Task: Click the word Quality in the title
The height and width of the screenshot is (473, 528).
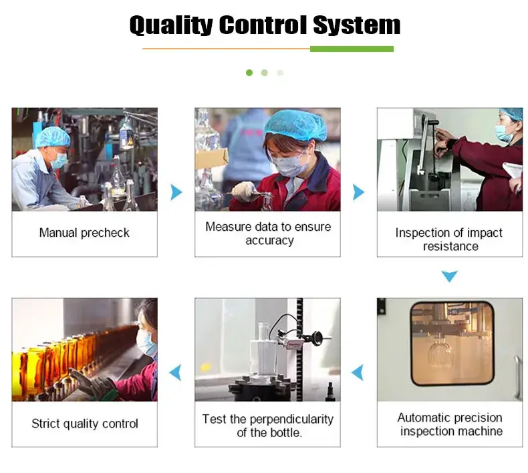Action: pos(171,25)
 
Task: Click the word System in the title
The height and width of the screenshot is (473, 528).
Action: pos(357,25)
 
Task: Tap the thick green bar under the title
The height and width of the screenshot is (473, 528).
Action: pos(352,49)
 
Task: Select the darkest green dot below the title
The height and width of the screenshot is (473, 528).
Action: pos(249,73)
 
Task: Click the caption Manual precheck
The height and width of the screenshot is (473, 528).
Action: pos(84,233)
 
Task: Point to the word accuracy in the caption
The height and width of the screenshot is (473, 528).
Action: pos(269,241)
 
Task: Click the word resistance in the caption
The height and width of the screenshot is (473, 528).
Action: pos(450,246)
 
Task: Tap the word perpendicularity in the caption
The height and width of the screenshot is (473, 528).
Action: pos(291,420)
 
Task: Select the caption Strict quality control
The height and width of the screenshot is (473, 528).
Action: pos(85,424)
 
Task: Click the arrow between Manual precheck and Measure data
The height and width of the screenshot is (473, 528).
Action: pos(176,192)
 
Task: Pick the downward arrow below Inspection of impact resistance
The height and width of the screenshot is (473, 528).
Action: pos(450,276)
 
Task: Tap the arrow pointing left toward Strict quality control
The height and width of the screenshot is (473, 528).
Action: pos(175,372)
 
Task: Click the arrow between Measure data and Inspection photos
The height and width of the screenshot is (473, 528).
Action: pos(359,192)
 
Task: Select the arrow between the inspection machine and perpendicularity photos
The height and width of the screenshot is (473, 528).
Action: pos(358,372)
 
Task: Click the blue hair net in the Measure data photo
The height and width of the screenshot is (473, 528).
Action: pos(295,125)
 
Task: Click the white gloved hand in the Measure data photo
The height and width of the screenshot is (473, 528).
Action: pos(243,191)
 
